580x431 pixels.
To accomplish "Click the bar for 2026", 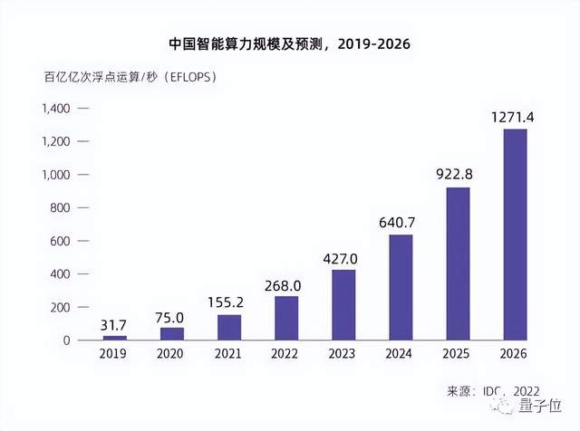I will point(515,235).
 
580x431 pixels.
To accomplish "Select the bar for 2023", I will point(343,304).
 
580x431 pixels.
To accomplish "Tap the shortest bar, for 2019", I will point(114,337).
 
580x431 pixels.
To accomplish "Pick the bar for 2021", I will point(229,327).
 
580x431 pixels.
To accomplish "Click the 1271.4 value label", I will point(515,118).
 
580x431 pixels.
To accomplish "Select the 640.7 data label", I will point(401,223).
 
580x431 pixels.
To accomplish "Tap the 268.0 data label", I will point(286,284).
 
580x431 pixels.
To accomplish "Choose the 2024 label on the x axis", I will point(401,356).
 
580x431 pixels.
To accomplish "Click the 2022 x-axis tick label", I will point(286,356).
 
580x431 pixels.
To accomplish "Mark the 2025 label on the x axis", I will point(458,356).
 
